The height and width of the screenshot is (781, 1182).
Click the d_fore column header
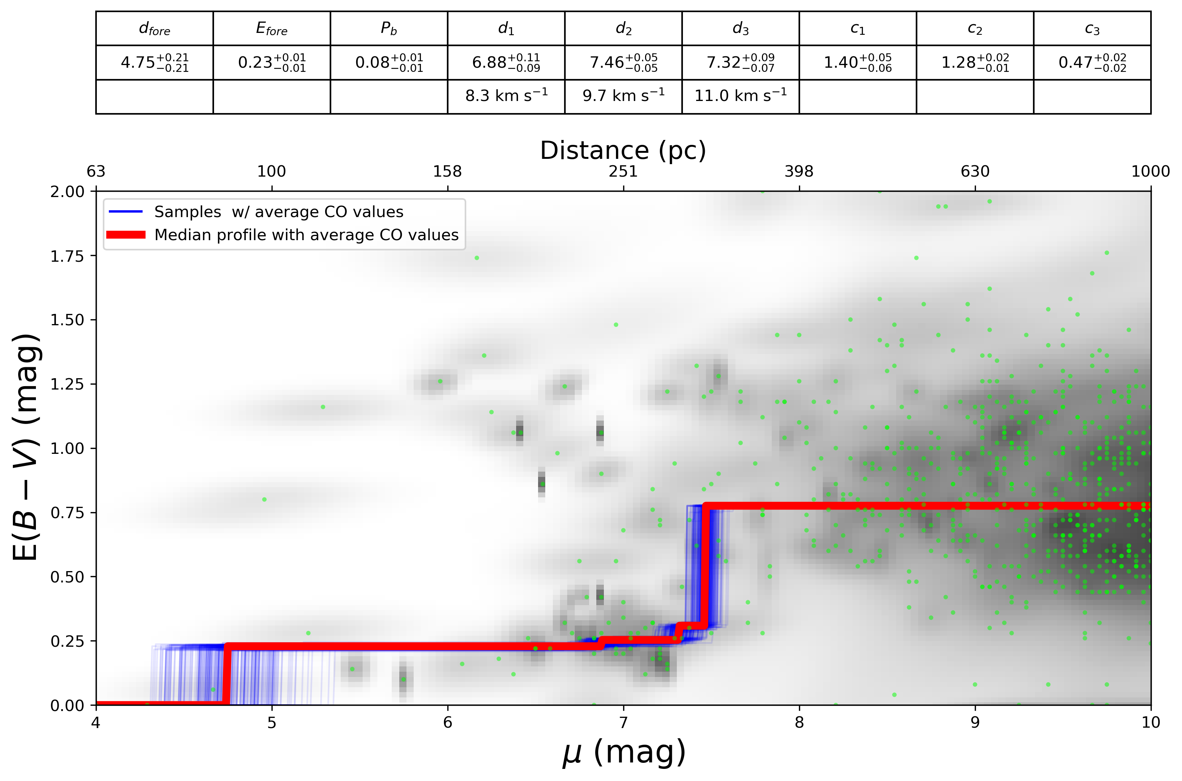[x=154, y=29]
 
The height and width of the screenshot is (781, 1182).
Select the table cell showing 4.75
[x=154, y=63]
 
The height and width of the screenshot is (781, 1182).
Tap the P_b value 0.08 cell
[x=389, y=63]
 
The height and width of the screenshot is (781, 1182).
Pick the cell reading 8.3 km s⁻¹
[x=506, y=96]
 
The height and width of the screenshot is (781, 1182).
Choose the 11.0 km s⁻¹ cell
[x=740, y=96]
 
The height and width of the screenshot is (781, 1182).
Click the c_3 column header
[x=1092, y=29]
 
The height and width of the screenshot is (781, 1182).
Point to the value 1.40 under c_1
[x=857, y=63]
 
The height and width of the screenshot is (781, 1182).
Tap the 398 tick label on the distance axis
[x=799, y=171]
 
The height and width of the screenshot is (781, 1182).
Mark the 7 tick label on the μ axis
[x=623, y=722]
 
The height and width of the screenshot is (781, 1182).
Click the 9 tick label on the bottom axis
[x=974, y=722]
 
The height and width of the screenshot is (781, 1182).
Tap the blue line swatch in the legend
[x=126, y=212]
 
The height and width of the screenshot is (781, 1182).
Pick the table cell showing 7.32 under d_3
[x=740, y=63]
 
